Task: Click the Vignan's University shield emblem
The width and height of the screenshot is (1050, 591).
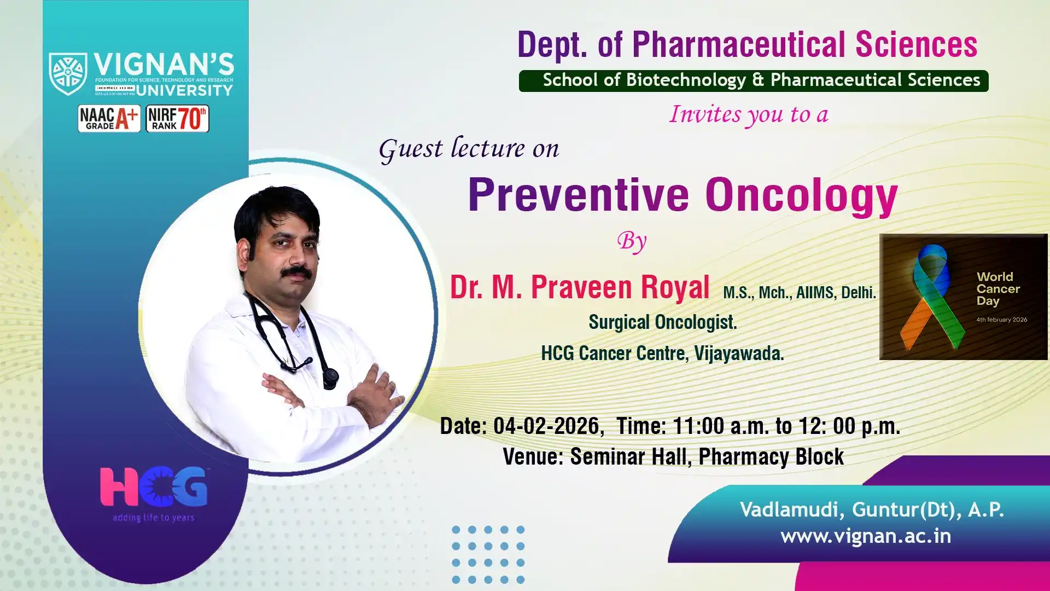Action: (x=68, y=74)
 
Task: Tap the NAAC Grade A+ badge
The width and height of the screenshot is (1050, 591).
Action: (x=109, y=118)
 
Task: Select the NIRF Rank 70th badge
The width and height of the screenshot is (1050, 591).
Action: (x=177, y=118)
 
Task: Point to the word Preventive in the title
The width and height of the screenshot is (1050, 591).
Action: (x=579, y=195)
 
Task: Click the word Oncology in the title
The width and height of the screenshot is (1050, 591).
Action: (x=802, y=197)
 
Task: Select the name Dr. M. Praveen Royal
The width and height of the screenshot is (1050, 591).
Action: (x=580, y=287)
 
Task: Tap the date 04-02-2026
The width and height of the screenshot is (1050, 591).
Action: (x=546, y=426)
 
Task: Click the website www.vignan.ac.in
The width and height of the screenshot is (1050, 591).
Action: (x=866, y=536)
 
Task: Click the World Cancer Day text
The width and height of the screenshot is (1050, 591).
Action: (x=998, y=289)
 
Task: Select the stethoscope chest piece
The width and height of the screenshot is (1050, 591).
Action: (x=330, y=379)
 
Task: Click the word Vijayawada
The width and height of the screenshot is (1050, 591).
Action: (x=739, y=354)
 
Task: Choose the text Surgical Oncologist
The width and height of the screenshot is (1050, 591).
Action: (x=663, y=322)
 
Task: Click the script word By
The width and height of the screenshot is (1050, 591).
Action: (x=632, y=241)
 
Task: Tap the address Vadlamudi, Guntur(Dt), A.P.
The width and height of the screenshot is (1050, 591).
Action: (x=872, y=510)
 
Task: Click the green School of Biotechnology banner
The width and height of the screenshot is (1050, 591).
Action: (x=754, y=80)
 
